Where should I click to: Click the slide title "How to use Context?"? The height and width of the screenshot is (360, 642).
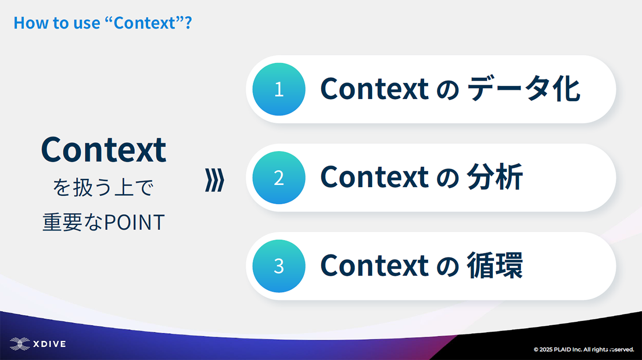point(103,23)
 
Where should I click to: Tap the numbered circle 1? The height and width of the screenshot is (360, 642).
point(279,89)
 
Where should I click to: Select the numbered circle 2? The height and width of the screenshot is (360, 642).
point(279,178)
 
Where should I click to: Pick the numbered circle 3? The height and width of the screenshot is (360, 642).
point(279,266)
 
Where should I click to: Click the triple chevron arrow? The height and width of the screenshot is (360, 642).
point(215,180)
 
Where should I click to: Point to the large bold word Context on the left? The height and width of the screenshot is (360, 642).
point(104,150)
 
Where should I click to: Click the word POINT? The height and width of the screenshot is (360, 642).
point(134,222)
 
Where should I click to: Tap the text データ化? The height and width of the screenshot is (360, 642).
point(523,89)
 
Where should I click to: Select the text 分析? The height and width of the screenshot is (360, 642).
point(495,177)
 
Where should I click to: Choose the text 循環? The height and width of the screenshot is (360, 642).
point(495,265)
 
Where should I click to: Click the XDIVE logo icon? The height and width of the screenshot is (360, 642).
point(20,344)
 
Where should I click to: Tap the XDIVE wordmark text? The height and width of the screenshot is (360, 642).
point(49,344)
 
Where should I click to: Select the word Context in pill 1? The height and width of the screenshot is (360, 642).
point(374,89)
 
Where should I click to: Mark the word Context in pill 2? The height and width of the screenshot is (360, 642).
point(374,177)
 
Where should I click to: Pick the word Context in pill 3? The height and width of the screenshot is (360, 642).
point(374,265)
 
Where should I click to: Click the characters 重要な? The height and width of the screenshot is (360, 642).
point(73,222)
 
